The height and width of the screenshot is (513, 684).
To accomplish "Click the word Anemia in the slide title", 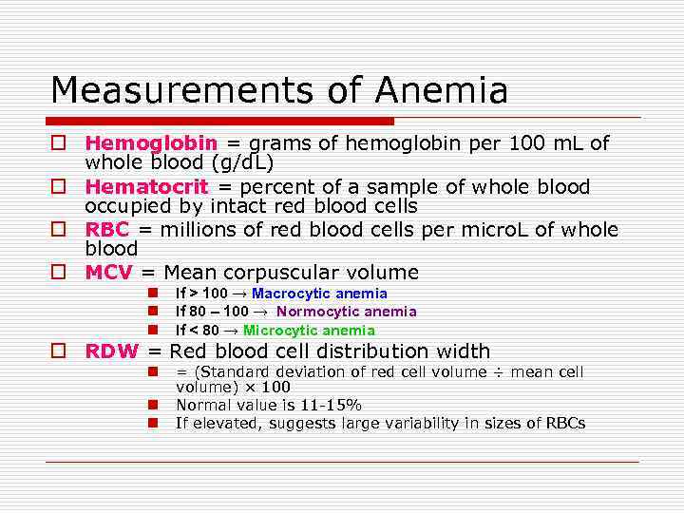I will tap(441, 91).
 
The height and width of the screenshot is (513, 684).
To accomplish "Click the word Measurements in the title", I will tap(181, 91).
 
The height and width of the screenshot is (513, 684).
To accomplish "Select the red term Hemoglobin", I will tap(150, 143).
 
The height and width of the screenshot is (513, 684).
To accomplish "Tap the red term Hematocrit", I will tap(146, 187).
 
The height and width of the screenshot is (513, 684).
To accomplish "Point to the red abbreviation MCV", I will tap(108, 273).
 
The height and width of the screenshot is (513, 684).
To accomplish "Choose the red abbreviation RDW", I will tap(111, 351).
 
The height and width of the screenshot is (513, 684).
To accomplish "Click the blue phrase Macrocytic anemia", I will tap(319, 294).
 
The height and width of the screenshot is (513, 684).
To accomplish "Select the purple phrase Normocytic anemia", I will tap(346, 312).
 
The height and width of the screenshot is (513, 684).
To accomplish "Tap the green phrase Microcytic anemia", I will tap(309, 331).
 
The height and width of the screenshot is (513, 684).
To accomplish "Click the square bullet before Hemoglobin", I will tap(59, 143).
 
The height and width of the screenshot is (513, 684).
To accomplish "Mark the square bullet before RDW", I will tap(59, 351).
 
